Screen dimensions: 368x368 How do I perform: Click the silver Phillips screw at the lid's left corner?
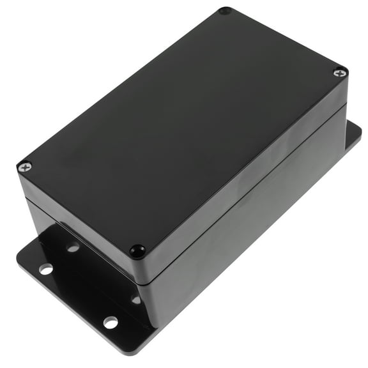click(x=25, y=167)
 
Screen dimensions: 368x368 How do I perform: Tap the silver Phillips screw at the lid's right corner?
click(x=340, y=73)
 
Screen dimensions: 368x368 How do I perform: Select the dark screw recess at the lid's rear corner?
click(x=224, y=11)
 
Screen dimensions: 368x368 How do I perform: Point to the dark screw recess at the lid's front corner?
click(x=137, y=250)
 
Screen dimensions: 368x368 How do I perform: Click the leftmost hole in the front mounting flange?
click(x=45, y=269)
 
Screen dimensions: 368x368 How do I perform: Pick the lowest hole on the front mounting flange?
click(x=111, y=322)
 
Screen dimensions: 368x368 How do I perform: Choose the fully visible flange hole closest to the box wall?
click(x=73, y=247)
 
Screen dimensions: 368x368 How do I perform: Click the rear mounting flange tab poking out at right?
click(x=353, y=136)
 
